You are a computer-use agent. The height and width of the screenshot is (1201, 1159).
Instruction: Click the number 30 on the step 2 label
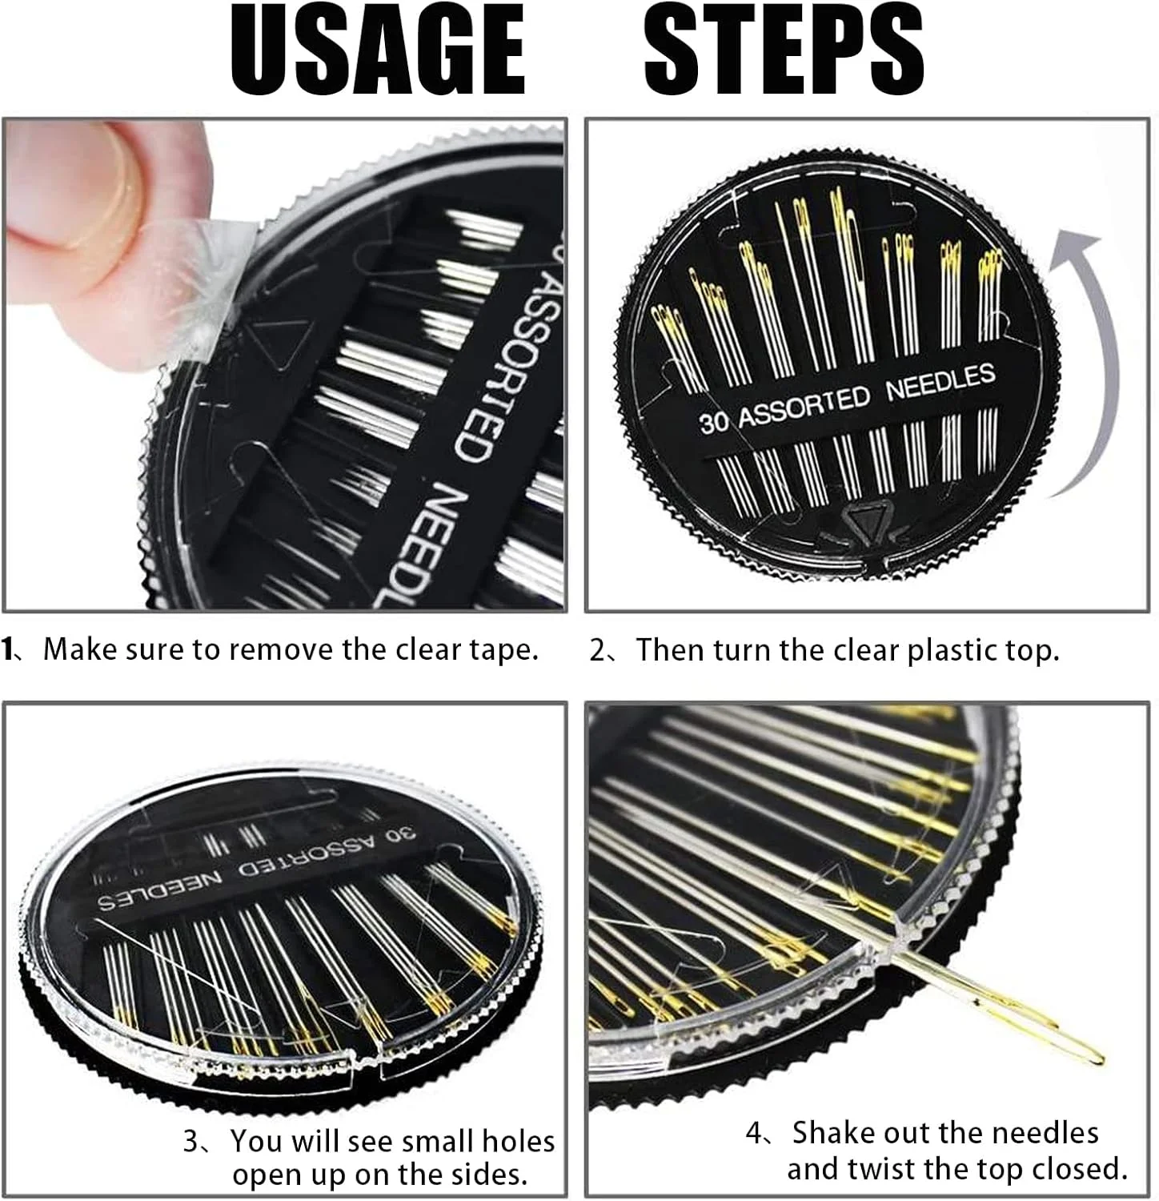[714, 421]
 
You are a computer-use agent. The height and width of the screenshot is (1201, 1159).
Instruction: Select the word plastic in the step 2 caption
[948, 650]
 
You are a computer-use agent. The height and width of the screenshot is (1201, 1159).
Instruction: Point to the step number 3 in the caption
[192, 1141]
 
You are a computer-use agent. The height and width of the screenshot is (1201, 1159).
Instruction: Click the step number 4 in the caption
[755, 1134]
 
